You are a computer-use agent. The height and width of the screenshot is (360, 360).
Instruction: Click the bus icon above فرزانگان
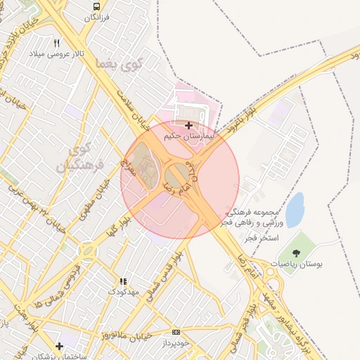pos(96,6)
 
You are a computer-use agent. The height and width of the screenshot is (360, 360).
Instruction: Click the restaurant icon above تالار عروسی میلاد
pos(56,42)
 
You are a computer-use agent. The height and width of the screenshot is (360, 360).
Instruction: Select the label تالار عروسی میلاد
pos(56,53)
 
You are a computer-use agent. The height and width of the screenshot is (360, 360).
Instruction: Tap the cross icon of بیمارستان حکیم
pos(188,124)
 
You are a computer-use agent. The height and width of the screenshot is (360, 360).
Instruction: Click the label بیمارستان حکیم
pos(188,136)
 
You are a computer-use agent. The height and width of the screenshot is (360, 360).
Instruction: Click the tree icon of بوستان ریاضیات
pos(296,251)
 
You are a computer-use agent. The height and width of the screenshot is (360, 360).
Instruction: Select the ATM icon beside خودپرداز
pos(176,331)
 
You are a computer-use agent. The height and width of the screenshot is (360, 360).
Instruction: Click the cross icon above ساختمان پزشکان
pos(60,346)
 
